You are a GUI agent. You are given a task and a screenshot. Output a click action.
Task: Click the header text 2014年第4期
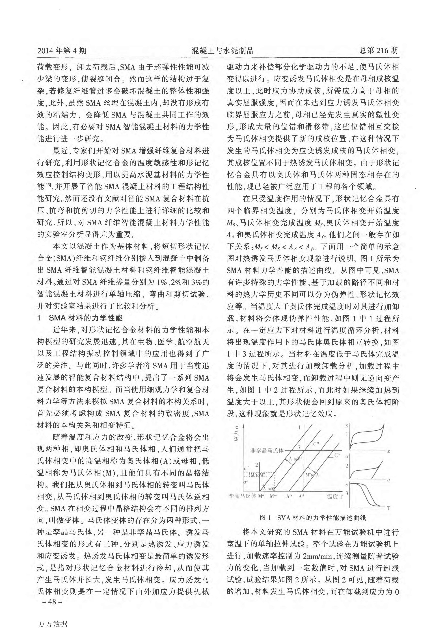coord(62,51)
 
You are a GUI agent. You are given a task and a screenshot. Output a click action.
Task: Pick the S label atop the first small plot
coord(347,426)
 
